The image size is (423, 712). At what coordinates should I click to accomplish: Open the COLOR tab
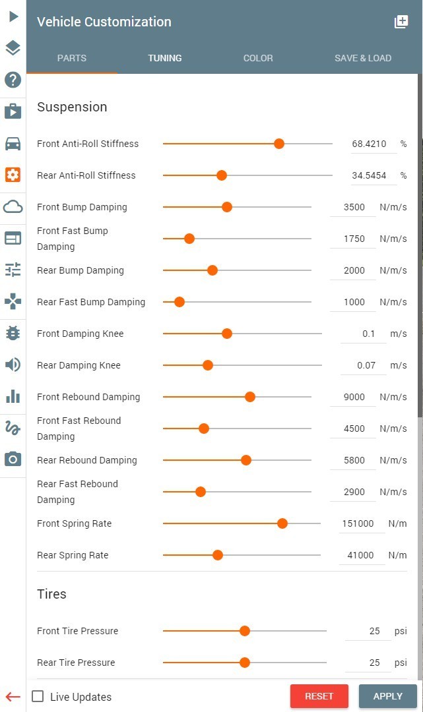(x=258, y=58)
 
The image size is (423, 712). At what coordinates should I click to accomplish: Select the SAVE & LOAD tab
(x=363, y=58)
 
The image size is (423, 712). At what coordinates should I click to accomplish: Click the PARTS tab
(x=72, y=58)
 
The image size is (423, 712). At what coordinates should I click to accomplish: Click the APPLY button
(x=387, y=696)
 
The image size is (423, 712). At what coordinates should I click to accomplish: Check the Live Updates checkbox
(x=38, y=696)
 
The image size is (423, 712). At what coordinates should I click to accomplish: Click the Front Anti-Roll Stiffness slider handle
(x=279, y=144)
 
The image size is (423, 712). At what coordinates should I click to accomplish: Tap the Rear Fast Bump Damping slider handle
(x=179, y=302)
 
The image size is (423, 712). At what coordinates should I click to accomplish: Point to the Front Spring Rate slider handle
(x=282, y=523)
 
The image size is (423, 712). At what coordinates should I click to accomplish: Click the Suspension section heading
(x=72, y=107)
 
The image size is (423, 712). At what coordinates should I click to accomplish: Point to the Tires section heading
(x=51, y=594)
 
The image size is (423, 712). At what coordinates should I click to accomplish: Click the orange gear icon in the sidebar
(x=13, y=175)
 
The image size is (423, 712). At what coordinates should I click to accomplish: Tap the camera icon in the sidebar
(x=13, y=459)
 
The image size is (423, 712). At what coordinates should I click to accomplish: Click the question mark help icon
(x=13, y=80)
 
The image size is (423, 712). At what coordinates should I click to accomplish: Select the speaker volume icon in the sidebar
(x=13, y=365)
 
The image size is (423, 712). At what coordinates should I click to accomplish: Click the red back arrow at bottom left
(x=13, y=696)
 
